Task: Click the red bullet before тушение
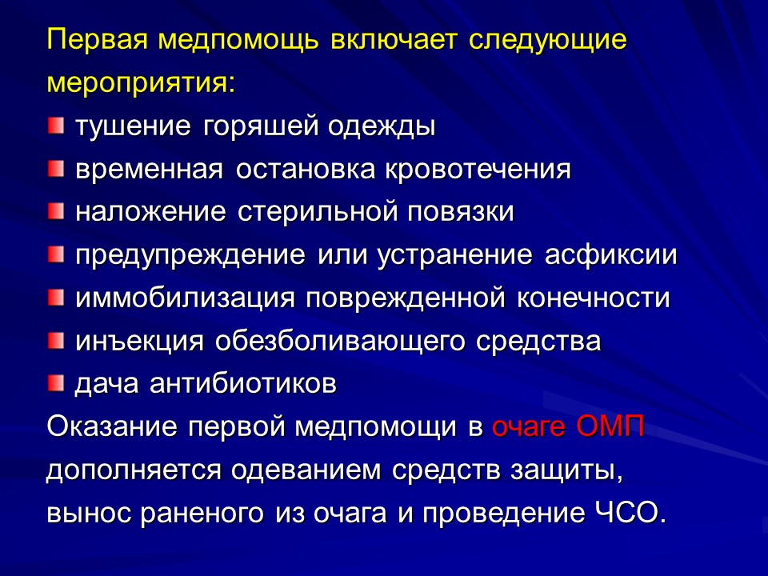tap(54, 126)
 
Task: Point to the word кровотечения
tap(478, 170)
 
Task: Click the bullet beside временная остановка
tap(54, 169)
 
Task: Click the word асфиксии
tap(612, 256)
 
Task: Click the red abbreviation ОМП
tap(611, 427)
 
